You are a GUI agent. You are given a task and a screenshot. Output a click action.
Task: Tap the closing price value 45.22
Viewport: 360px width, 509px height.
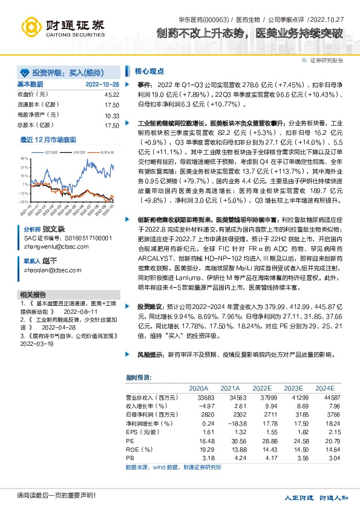[111, 94]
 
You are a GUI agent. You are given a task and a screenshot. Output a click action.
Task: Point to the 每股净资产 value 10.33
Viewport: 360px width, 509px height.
[111, 115]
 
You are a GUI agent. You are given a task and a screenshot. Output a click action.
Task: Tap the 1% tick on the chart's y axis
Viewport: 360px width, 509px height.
[25, 184]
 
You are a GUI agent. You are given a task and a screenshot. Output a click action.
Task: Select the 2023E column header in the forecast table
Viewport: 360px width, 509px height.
[293, 388]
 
